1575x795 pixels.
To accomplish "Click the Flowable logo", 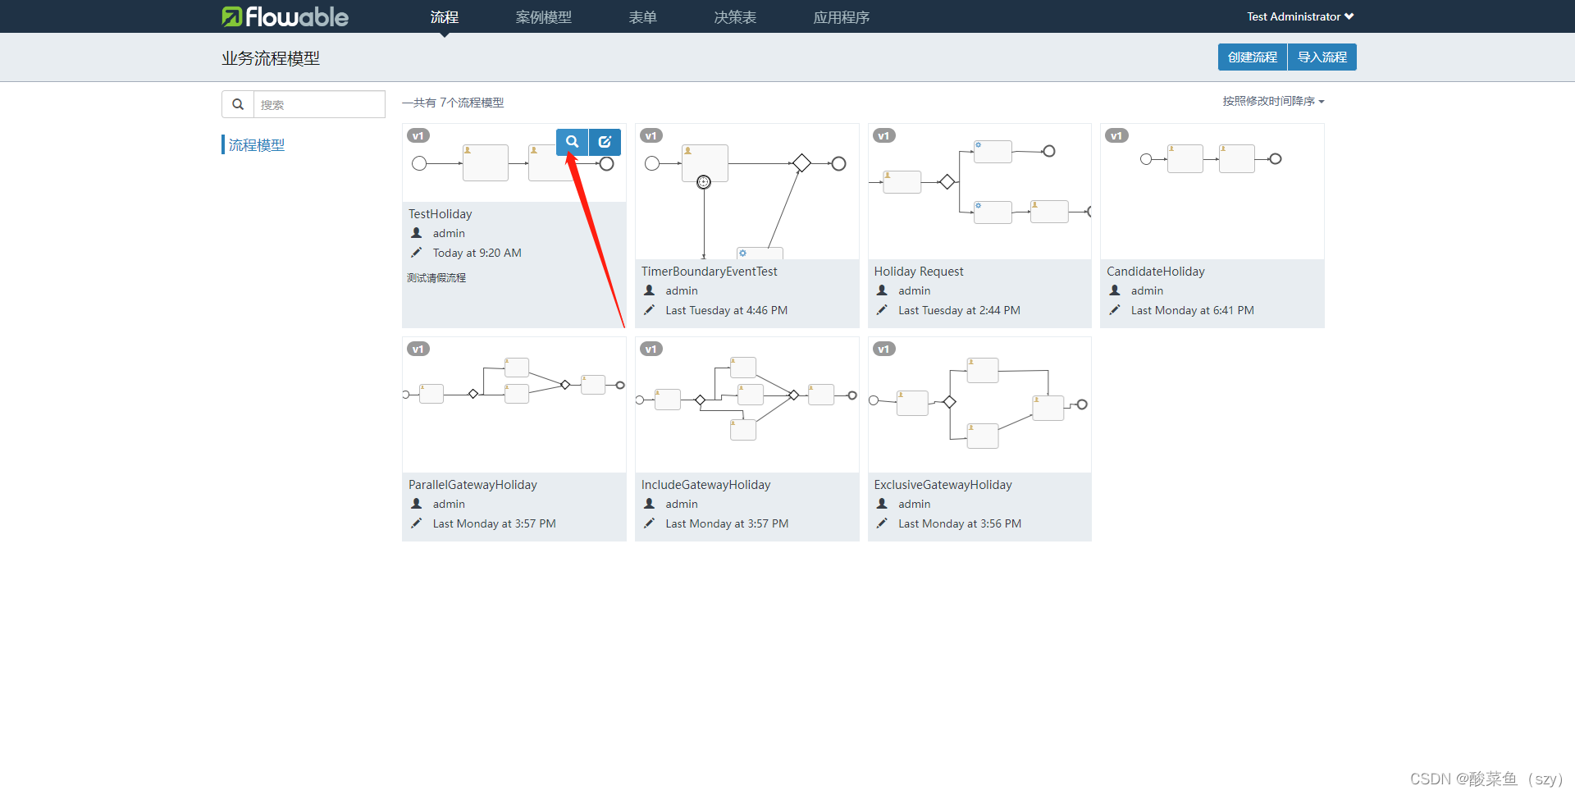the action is (285, 16).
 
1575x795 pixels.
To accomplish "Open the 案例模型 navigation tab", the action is (543, 17).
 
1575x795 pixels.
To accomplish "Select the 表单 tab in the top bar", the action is (642, 17).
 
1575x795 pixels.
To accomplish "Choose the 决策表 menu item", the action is (735, 17).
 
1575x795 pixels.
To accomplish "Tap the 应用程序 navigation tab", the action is (841, 17).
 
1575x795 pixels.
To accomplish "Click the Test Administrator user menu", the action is (1300, 16).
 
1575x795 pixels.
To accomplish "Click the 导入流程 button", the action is (1322, 57).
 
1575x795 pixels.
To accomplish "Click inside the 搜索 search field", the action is (318, 105).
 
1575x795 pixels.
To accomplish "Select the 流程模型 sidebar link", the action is (257, 145).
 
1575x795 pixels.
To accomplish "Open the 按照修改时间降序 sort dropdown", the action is (1273, 102).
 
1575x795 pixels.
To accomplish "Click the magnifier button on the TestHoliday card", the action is (572, 142).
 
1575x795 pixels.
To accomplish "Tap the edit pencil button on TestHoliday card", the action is (605, 142).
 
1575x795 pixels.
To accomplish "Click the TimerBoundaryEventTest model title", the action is (709, 272).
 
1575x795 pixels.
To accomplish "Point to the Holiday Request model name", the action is (918, 272).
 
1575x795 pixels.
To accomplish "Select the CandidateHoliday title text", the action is (1155, 272).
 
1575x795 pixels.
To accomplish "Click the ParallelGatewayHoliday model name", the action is (472, 485).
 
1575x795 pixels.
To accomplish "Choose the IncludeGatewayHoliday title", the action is (705, 485).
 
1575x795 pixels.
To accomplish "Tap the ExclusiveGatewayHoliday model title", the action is (943, 485).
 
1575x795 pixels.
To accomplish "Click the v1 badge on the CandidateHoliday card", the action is (1116, 136).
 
